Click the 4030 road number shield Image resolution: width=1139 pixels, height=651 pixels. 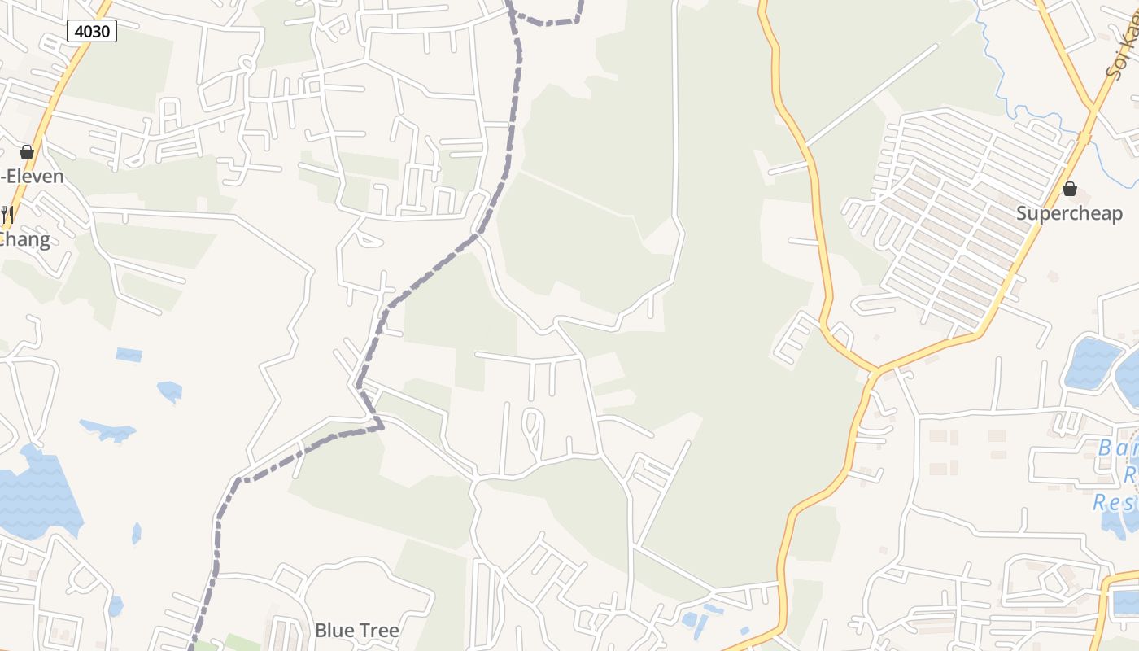(92, 32)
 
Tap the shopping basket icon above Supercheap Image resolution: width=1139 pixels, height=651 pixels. (1069, 189)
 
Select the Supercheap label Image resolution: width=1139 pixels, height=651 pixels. (1069, 213)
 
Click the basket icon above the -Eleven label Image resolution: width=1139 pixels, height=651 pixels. (27, 152)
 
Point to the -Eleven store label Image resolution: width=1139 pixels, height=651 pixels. (33, 176)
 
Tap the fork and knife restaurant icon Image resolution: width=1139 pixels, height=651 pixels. (7, 215)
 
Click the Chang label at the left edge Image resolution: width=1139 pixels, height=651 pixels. (25, 239)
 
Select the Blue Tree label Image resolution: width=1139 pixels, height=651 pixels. (356, 630)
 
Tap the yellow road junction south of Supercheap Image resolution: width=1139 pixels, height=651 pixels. (875, 373)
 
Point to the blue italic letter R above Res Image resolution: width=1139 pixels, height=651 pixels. (1132, 474)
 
